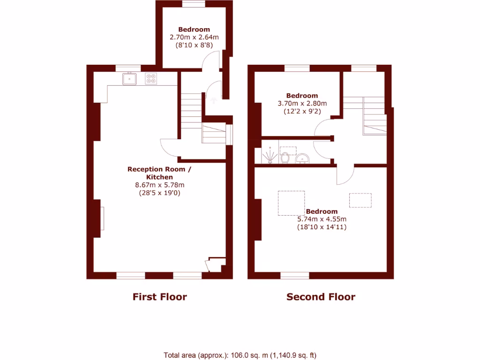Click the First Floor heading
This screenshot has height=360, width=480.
tap(159, 297)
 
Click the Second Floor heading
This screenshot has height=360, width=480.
tap(321, 297)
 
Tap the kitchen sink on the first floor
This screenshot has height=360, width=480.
tap(129, 79)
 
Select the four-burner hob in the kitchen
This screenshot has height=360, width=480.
tap(151, 79)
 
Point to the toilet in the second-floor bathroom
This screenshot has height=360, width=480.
tap(285, 158)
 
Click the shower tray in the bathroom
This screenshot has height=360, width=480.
tap(270, 155)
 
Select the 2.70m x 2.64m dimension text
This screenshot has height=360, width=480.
tap(194, 37)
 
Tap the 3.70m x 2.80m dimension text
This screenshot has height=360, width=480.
tap(302, 104)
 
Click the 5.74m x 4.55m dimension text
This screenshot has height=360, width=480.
tap(322, 219)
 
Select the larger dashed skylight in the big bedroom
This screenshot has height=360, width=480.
tap(291, 203)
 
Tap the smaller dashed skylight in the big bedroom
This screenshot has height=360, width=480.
tap(360, 200)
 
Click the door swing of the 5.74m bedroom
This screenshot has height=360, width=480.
tap(345, 176)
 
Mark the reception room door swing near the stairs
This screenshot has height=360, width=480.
tap(169, 148)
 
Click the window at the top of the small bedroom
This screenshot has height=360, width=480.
tap(194, 4)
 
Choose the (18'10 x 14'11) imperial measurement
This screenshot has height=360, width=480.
tap(322, 227)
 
